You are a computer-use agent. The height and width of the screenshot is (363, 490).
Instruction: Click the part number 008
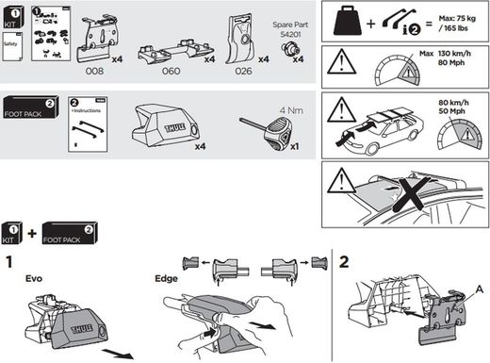94,71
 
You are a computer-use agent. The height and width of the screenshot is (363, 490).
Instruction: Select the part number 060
170,71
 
